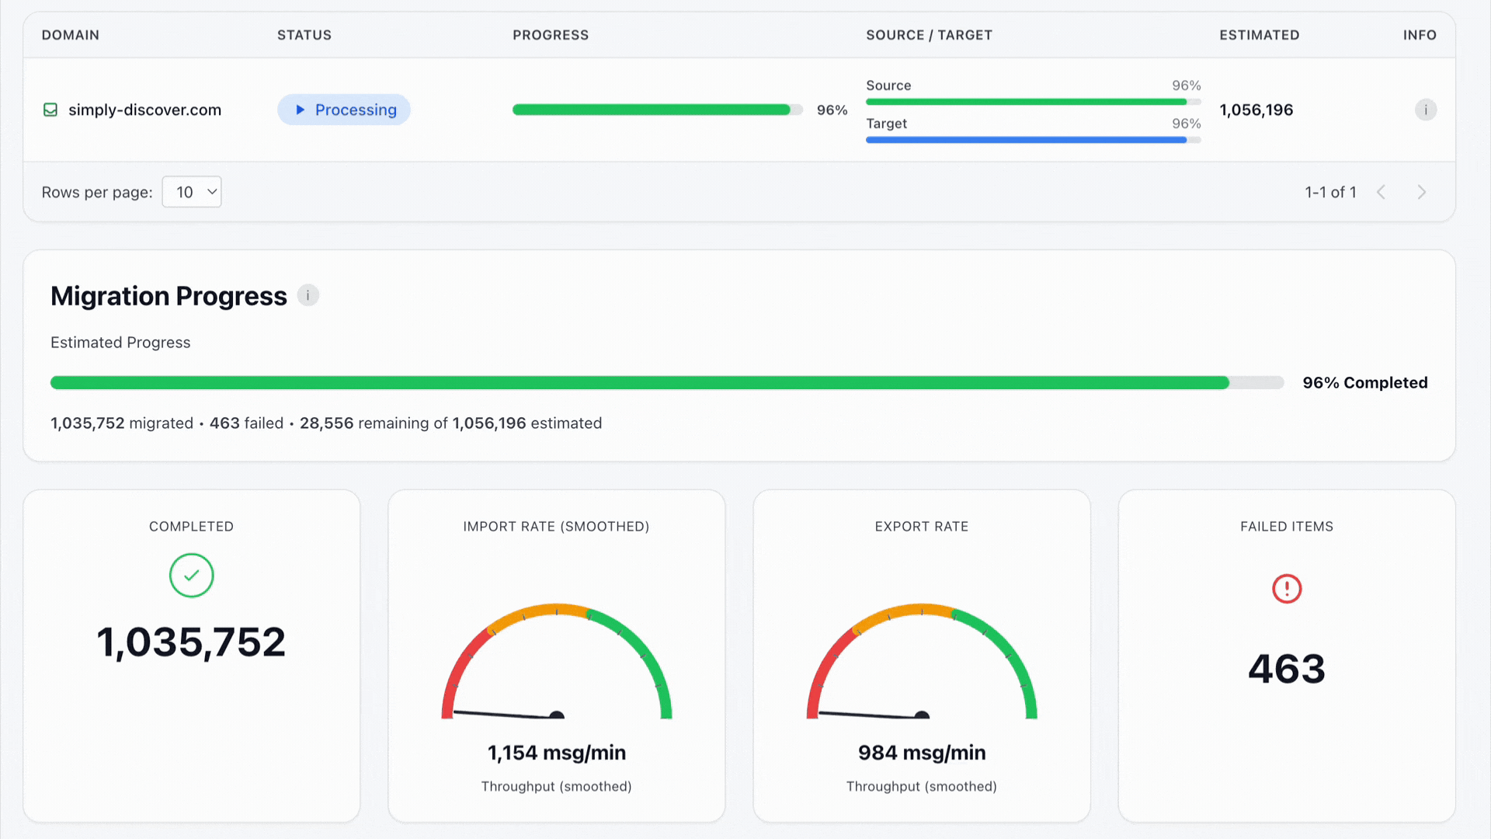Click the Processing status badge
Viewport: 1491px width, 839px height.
coord(344,110)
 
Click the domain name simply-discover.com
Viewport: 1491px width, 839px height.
coord(144,110)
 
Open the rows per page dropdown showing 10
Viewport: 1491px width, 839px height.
coord(192,192)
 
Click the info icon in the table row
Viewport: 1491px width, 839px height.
coord(1426,110)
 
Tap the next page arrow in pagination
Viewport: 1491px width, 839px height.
coord(1421,192)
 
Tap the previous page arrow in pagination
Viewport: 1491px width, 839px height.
coord(1381,192)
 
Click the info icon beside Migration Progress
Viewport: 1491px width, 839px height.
coord(308,295)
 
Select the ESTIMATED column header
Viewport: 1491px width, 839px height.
coord(1259,35)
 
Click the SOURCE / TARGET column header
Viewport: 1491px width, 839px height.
coord(929,35)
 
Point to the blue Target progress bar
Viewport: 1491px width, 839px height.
coord(1025,140)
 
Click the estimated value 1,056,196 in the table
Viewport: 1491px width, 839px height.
coord(1256,110)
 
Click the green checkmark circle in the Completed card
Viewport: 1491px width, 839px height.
coord(191,576)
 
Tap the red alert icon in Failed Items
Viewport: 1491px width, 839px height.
coord(1287,588)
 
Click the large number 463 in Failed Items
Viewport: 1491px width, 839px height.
coord(1287,669)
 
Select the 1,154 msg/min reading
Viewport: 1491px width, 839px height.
coord(556,753)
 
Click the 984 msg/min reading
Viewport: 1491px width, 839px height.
coord(922,753)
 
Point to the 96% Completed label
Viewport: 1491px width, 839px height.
coord(1364,382)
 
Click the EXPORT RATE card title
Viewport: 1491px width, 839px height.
coord(922,526)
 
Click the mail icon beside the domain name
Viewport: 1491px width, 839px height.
coord(50,110)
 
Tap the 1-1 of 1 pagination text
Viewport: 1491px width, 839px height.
coord(1330,192)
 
